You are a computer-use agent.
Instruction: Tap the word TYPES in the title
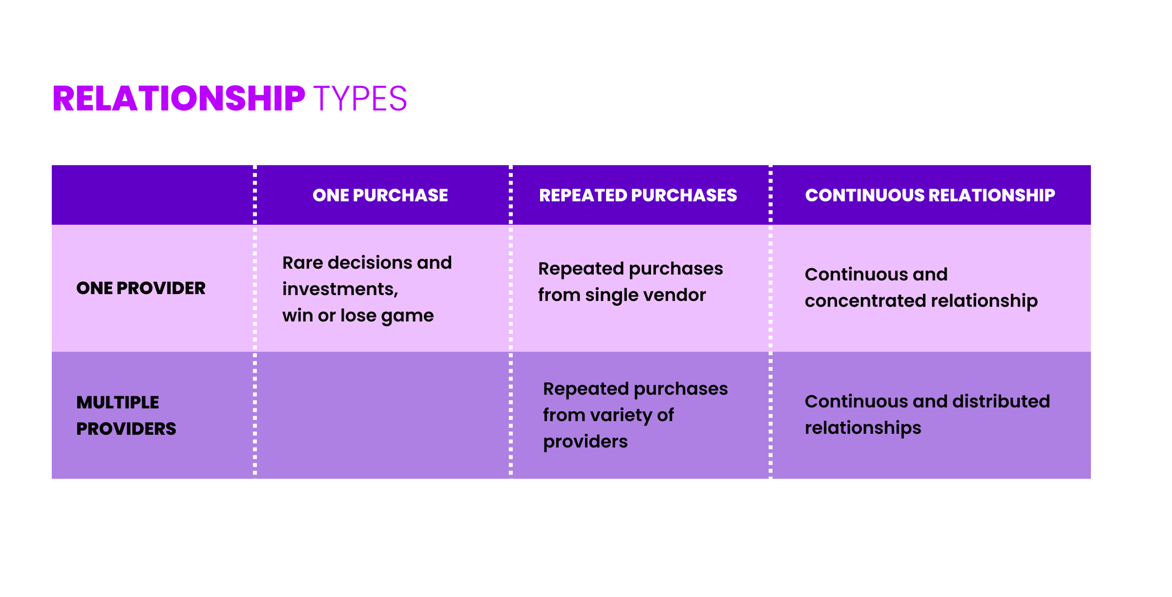tap(360, 99)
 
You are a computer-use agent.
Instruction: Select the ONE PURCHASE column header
tap(380, 195)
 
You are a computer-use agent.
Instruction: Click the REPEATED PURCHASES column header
tap(637, 195)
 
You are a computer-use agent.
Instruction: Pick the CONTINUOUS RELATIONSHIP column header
tap(930, 195)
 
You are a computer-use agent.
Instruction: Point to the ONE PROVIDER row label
tap(141, 288)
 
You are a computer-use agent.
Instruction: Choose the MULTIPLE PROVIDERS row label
tap(126, 415)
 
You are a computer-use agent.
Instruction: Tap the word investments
tap(339, 289)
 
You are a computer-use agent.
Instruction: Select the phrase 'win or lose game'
tap(358, 315)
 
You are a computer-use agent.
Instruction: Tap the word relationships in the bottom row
tap(863, 428)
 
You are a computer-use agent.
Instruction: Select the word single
tap(613, 295)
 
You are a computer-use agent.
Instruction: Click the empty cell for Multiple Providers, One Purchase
tap(382, 415)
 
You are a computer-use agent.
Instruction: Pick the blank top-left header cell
tap(152, 195)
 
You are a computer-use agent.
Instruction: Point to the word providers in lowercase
tap(585, 442)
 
